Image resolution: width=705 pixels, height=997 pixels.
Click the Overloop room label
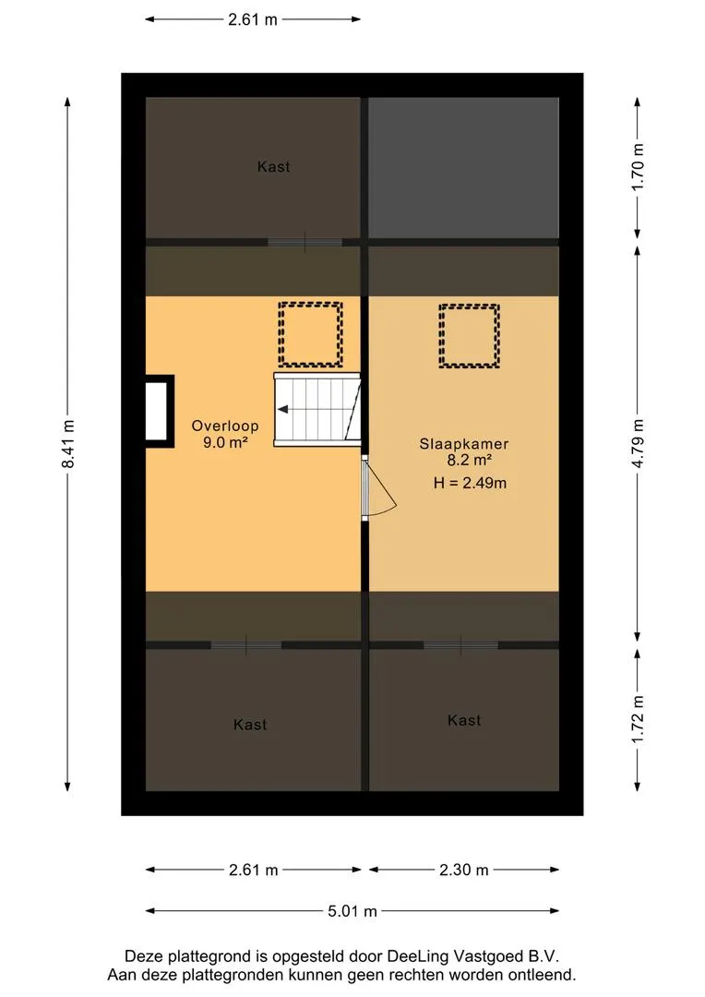tap(225, 426)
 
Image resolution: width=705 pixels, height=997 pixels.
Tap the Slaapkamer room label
tap(464, 444)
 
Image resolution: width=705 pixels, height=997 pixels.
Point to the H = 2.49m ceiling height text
tap(470, 483)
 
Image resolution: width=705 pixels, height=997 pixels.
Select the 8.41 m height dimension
tap(68, 444)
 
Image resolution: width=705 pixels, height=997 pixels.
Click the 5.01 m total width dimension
tap(352, 911)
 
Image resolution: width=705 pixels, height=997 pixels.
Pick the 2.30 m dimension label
tap(464, 870)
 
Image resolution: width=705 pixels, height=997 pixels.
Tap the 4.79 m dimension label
tap(638, 444)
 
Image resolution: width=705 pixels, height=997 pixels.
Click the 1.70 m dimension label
tap(638, 167)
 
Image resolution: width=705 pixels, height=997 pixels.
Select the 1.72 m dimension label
tap(638, 719)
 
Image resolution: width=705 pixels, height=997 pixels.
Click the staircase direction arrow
tap(283, 410)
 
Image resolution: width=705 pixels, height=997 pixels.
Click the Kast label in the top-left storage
tap(274, 166)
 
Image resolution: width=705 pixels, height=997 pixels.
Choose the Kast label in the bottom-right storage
tap(464, 720)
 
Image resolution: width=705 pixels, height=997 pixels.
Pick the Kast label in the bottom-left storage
tap(250, 725)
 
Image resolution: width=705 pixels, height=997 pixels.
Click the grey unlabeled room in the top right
tap(463, 168)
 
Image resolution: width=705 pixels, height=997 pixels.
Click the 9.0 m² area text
tap(225, 442)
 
